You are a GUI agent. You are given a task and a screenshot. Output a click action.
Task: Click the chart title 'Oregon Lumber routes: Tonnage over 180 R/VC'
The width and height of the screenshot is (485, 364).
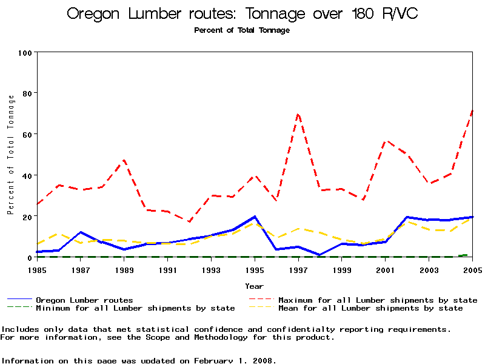click(242, 14)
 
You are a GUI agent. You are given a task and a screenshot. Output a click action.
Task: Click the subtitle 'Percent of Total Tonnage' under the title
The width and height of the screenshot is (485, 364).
click(242, 30)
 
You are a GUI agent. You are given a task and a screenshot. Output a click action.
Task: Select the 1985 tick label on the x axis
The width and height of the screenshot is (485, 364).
click(38, 269)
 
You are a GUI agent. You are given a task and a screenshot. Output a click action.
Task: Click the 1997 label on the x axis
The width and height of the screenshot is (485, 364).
click(298, 269)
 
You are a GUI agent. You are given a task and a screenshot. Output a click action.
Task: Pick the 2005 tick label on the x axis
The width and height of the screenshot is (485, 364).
click(472, 269)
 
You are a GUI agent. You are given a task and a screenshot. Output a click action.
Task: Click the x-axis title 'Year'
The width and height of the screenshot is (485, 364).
click(254, 286)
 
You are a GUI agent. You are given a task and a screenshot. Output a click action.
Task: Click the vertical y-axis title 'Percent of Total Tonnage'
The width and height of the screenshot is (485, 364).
click(10, 155)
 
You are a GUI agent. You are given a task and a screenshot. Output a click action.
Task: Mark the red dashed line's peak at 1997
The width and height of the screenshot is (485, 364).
click(298, 113)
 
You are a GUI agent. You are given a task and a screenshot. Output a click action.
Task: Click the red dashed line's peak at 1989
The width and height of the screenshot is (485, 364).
click(124, 160)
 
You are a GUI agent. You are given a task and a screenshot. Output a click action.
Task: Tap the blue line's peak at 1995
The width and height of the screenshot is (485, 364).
click(255, 217)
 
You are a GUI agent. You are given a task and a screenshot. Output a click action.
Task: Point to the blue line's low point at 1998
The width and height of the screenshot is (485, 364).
click(319, 255)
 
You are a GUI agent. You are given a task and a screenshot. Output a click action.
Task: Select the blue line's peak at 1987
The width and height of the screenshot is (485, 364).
click(81, 232)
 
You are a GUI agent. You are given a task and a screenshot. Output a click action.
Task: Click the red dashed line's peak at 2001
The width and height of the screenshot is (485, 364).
click(385, 141)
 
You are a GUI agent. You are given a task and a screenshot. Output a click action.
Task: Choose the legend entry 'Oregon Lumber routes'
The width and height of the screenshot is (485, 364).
click(84, 300)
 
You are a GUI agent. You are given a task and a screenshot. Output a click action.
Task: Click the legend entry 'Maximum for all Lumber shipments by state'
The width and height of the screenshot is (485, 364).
click(378, 300)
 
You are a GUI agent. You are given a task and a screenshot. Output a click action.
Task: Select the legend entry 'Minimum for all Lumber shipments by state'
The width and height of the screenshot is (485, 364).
click(135, 308)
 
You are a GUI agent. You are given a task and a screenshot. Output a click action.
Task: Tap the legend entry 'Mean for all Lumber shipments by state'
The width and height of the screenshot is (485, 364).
click(370, 308)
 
